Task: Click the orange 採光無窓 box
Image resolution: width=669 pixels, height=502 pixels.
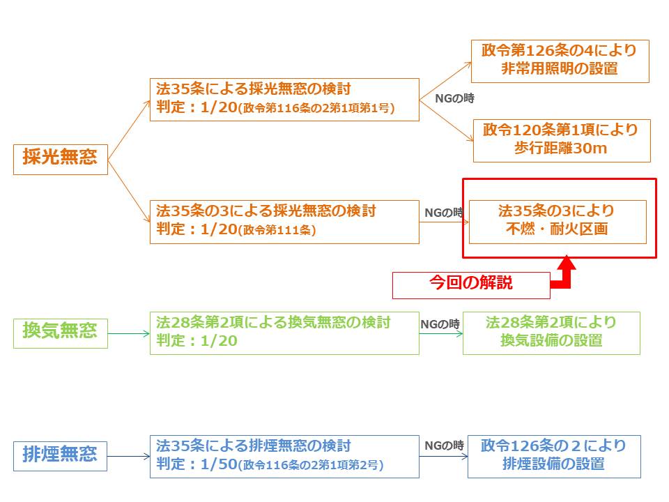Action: point(61,158)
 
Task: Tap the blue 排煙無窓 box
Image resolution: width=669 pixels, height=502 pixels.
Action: point(61,456)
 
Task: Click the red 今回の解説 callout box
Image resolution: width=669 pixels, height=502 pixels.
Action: point(470,284)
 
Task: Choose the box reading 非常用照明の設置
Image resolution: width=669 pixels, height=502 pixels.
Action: point(560,61)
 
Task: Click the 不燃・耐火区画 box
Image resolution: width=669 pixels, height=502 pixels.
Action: point(557,220)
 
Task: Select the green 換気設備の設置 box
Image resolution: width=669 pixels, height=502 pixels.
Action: point(551,332)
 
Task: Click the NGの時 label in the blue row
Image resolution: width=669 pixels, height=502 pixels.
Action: point(444,446)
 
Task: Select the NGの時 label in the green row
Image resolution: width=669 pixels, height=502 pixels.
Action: point(440,324)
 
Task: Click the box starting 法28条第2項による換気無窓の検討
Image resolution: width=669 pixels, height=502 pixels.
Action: point(284,332)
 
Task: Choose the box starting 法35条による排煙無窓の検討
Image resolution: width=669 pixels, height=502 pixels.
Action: point(284,455)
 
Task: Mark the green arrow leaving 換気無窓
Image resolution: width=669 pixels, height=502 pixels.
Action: point(129,333)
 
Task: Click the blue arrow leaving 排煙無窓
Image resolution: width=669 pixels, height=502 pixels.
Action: point(129,457)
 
